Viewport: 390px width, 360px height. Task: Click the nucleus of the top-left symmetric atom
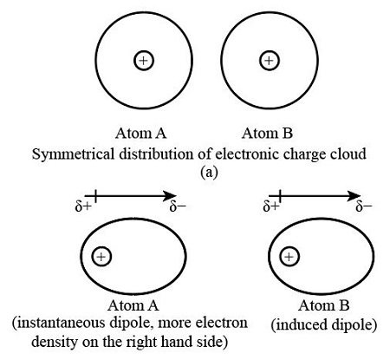coord(143,60)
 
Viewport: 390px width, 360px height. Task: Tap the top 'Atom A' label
coord(143,134)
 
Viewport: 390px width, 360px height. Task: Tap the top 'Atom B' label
coord(269,134)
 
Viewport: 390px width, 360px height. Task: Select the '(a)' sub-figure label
coord(208,172)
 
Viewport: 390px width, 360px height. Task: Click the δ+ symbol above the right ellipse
coord(271,207)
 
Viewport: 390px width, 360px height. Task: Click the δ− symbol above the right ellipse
coord(365,207)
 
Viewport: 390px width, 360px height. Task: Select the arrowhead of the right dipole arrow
coord(354,197)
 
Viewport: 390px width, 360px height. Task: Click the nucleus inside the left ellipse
coord(102,257)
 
